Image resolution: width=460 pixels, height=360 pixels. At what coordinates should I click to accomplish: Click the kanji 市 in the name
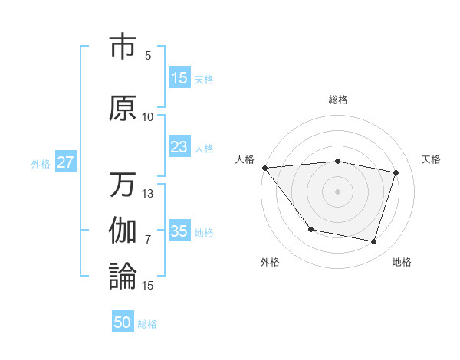coord(123,47)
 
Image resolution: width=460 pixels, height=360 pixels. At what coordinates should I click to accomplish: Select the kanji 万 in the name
coord(123,185)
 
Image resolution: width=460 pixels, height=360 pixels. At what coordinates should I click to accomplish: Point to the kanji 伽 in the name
coord(123,231)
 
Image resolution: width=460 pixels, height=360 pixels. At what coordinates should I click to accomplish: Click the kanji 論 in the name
coord(123,276)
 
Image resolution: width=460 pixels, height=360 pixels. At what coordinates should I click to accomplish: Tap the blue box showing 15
coord(179,78)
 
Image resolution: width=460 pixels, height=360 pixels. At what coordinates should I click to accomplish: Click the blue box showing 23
coord(179,147)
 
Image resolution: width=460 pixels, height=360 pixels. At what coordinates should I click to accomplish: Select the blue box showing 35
coord(179,231)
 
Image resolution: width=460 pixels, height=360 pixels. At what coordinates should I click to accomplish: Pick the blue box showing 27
coord(65,162)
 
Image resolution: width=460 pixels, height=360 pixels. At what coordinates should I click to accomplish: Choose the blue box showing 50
coord(123,322)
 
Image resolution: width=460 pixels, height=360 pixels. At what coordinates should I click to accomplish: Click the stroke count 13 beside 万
coord(148,194)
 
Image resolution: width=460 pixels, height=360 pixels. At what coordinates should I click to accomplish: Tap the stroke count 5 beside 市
coord(148,56)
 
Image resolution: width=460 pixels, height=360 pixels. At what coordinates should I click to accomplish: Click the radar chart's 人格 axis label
coord(245,159)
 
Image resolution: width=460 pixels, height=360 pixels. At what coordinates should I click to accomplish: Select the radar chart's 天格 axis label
coord(432,159)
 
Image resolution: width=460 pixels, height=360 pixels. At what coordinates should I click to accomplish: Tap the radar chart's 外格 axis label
coord(270,262)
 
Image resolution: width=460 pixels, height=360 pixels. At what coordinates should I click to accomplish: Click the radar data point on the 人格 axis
coord(264,168)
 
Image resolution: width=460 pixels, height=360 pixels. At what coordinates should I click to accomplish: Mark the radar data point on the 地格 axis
coord(374,242)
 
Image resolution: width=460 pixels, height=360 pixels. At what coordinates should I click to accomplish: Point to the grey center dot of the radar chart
coord(337,191)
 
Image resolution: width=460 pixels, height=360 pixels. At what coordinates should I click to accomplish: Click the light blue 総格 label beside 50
coord(147,324)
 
